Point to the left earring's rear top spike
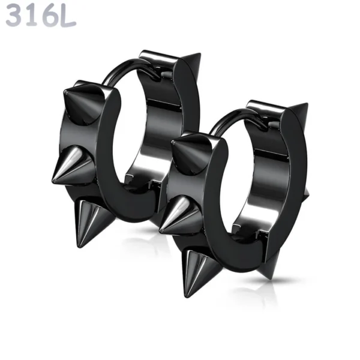point(190,63)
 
